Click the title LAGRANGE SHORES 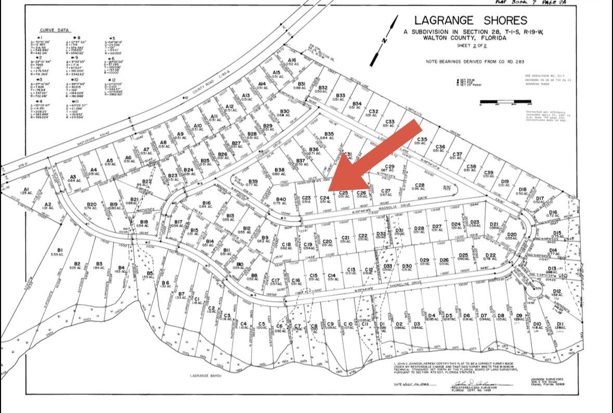(471, 20)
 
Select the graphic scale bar (498, 101)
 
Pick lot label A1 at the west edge (27, 191)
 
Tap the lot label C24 (324, 198)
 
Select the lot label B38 (279, 171)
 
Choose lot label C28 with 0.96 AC (419, 186)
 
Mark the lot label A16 (293, 61)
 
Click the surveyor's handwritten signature (466, 384)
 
